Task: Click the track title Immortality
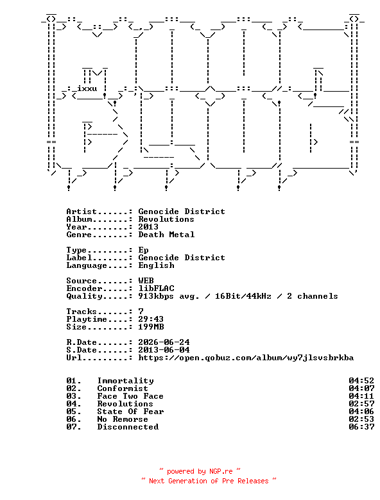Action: coord(126,381)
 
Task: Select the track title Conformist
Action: coord(123,388)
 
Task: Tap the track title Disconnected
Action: coord(128,427)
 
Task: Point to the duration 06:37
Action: coord(361,427)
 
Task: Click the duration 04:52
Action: coord(361,381)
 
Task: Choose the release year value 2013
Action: coord(148,227)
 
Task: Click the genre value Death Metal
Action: coord(166,235)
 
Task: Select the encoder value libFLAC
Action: coord(156,288)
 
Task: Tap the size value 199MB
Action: coord(151,327)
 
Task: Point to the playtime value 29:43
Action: coord(151,319)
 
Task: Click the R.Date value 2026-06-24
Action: coord(164,342)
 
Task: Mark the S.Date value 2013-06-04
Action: coord(164,350)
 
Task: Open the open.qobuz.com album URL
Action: coord(246,358)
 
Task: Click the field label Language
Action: coord(87,265)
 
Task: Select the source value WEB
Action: coord(146,281)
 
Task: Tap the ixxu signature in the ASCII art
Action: coord(87,88)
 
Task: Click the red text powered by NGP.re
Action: coord(200,471)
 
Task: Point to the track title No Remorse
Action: coord(123,419)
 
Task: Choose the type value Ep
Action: coord(143,250)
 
